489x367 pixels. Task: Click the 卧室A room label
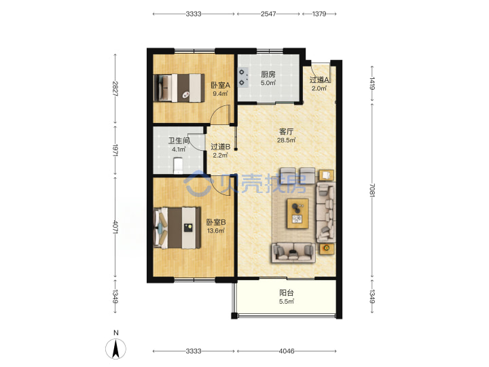[221, 85]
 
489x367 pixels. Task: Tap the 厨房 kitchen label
[268, 74]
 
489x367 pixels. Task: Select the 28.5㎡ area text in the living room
[287, 140]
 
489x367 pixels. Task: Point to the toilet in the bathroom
[178, 165]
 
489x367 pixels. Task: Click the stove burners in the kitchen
[243, 77]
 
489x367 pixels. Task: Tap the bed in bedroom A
[179, 88]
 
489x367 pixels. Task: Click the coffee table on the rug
[298, 214]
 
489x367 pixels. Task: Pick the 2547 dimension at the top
[268, 14]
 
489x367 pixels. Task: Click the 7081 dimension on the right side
[372, 190]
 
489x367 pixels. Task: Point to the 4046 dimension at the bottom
[287, 351]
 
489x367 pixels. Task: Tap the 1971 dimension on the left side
[115, 150]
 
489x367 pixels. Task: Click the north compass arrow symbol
[116, 348]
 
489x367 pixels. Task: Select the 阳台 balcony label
[287, 293]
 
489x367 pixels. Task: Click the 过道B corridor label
[221, 146]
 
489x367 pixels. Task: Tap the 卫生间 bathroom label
[179, 141]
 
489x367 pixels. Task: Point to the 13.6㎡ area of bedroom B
[216, 231]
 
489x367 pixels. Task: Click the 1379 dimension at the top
[319, 14]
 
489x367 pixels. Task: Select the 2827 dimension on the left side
[115, 88]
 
